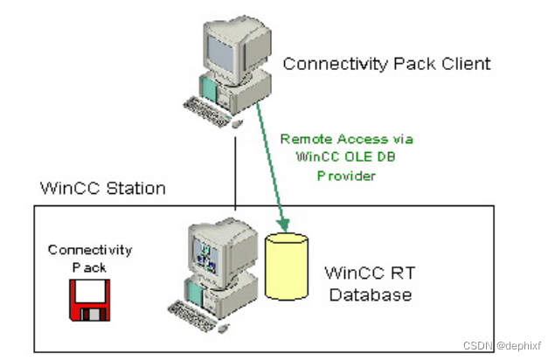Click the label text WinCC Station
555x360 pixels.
coord(102,189)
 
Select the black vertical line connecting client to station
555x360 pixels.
coord(234,166)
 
